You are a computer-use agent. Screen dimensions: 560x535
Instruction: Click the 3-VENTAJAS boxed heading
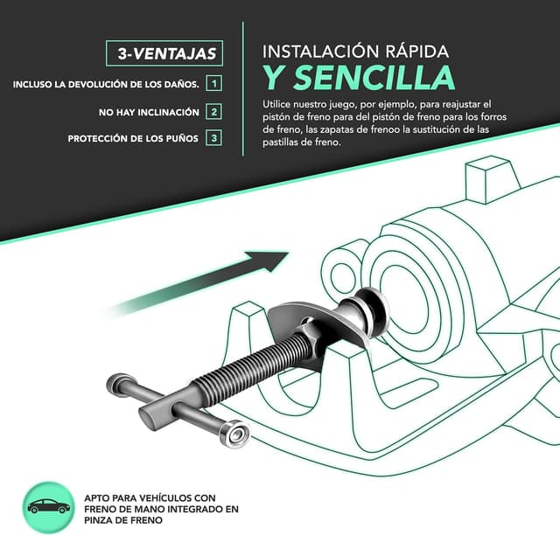(164, 53)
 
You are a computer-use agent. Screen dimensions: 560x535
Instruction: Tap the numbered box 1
(213, 84)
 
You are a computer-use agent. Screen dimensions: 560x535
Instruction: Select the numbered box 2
(213, 112)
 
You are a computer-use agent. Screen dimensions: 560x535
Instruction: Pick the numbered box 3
(213, 138)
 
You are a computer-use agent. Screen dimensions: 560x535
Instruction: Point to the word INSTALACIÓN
(321, 51)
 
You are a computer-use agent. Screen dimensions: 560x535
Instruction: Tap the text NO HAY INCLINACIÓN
(149, 112)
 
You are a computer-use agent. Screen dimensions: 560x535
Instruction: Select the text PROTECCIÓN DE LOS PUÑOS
(133, 138)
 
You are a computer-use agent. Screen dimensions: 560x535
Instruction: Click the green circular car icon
(48, 507)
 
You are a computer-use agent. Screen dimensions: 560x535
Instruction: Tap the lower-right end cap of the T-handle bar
(235, 434)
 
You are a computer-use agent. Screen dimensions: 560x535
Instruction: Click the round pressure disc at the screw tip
(371, 310)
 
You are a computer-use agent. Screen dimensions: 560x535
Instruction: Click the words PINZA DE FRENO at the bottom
(123, 520)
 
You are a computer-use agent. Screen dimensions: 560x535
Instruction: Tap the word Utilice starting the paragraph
(276, 105)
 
